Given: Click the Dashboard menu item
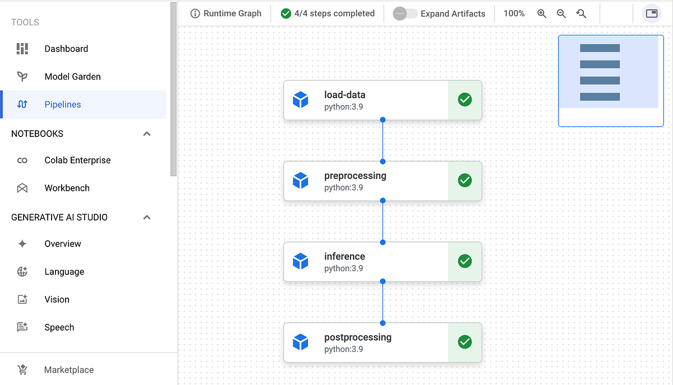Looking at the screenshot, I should click(x=66, y=49).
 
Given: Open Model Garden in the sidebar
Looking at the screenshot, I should click(x=72, y=76).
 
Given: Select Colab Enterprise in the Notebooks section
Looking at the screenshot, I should click(x=77, y=160).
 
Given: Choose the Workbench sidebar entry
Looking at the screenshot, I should click(x=67, y=188).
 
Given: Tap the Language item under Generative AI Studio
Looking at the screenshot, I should click(x=64, y=272).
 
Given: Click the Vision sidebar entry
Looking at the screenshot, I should click(x=57, y=299).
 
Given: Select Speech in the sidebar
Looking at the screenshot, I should click(x=59, y=327).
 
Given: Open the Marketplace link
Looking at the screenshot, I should click(x=68, y=370).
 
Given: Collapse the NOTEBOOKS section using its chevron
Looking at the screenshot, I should click(x=147, y=134).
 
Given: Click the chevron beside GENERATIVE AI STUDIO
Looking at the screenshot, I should click(x=147, y=217).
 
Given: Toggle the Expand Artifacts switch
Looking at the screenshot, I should click(x=405, y=13).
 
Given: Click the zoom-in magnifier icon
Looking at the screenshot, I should click(x=542, y=13).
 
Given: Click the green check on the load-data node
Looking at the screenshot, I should click(x=465, y=100).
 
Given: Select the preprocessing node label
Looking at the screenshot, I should click(x=355, y=176).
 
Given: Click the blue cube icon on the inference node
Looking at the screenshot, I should click(x=301, y=262).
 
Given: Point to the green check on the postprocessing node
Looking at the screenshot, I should click(x=465, y=342).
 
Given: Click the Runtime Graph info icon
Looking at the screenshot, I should click(x=195, y=13).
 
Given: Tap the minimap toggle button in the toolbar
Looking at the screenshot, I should click(x=652, y=13).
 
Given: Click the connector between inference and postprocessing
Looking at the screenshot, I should click(x=382, y=302).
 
